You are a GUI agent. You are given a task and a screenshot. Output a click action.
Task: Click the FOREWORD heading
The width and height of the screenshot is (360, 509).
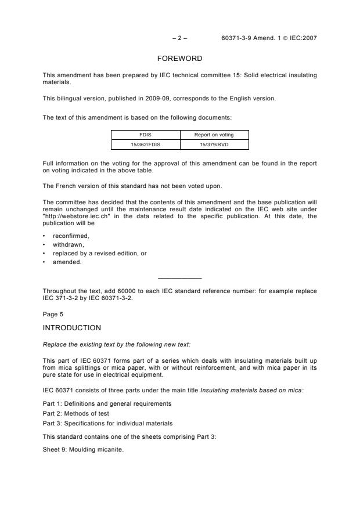pyautogui.click(x=179, y=59)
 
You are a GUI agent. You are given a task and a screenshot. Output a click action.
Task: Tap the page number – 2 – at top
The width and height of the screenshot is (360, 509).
pyautogui.click(x=180, y=38)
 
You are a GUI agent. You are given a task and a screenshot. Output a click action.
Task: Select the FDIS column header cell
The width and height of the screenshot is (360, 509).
pyautogui.click(x=145, y=135)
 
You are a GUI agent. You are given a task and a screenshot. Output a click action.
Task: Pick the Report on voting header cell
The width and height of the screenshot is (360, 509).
pyautogui.click(x=214, y=135)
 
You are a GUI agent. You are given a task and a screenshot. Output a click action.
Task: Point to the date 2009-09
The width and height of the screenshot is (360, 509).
pyautogui.click(x=160, y=98)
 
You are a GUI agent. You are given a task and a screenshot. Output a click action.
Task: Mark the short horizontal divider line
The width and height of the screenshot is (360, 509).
pyautogui.click(x=179, y=278)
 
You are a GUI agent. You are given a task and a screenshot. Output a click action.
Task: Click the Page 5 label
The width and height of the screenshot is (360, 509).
pyautogui.click(x=53, y=314)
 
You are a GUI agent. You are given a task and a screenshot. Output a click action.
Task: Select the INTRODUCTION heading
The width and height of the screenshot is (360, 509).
pyautogui.click(x=72, y=328)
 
